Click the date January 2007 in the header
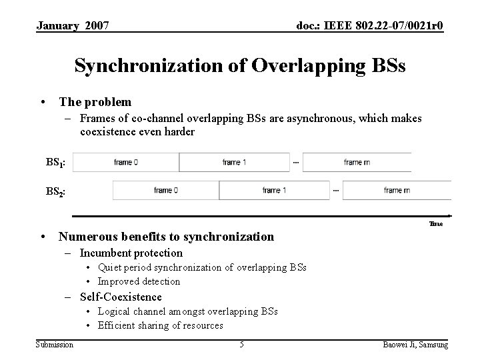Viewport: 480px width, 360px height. (x=73, y=26)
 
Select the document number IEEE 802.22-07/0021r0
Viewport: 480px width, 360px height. (x=369, y=26)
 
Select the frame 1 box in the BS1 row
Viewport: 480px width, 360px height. (x=234, y=163)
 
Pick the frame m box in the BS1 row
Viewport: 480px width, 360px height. (x=357, y=163)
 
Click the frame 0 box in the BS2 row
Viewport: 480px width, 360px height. (x=165, y=190)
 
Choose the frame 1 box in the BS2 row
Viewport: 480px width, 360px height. (x=275, y=190)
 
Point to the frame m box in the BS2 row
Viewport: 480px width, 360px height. (x=396, y=190)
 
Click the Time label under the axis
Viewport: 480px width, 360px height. (x=436, y=224)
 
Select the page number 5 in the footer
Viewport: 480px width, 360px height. (x=241, y=344)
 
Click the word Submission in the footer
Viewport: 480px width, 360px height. (x=55, y=344)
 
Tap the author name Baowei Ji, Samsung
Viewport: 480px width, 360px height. (x=415, y=344)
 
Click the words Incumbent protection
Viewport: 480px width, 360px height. (x=131, y=253)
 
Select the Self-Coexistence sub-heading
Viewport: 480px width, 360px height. (x=121, y=297)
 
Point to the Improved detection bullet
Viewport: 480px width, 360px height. (x=139, y=281)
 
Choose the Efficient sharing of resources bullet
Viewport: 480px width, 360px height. (x=160, y=325)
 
